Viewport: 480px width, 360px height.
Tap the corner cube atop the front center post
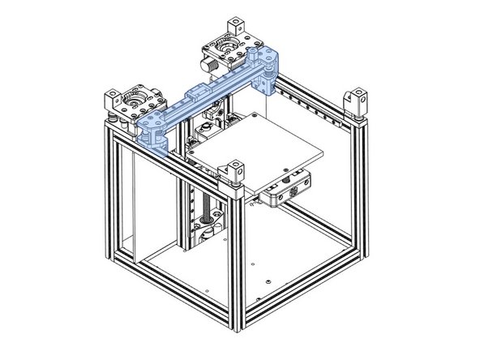[235, 171]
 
